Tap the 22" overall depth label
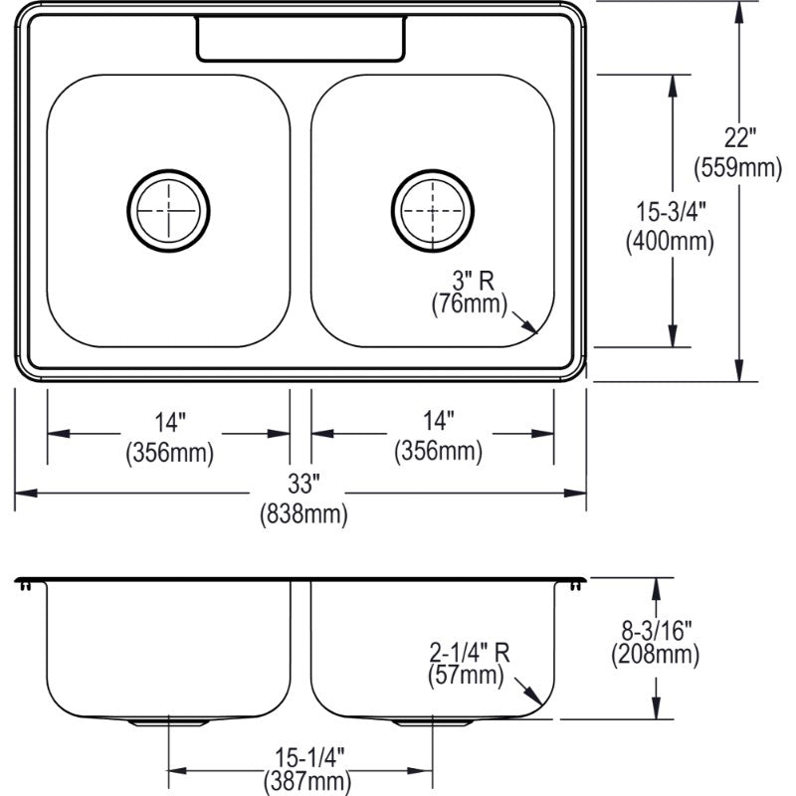[739, 137]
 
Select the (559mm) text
[737, 167]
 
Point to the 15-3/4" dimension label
[671, 211]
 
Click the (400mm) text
[670, 242]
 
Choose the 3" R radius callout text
[474, 281]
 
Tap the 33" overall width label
[303, 484]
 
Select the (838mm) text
[303, 514]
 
